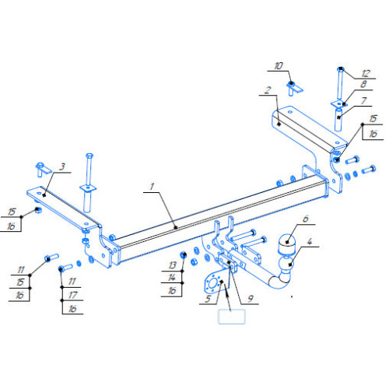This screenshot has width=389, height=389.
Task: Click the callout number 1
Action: click(152, 187)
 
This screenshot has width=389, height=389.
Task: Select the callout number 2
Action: click(268, 90)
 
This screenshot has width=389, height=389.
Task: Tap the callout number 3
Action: click(62, 166)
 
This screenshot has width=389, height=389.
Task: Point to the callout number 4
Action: click(310, 242)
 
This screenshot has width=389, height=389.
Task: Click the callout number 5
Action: click(208, 299)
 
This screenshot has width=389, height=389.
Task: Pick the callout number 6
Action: click(306, 219)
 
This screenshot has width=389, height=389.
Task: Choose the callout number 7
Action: click(364, 100)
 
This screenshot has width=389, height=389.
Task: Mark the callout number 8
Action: click(363, 84)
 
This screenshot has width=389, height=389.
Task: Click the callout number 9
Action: click(251, 299)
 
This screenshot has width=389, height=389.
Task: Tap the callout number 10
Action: click(279, 66)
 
